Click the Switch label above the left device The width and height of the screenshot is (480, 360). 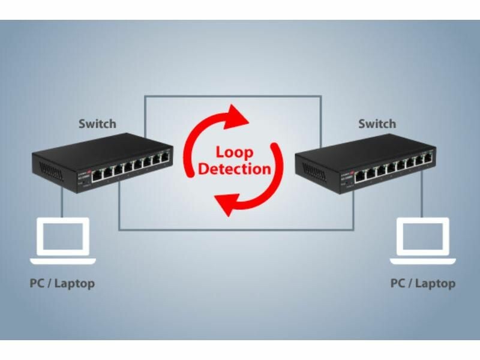[97, 124]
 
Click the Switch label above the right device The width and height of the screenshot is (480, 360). [377, 124]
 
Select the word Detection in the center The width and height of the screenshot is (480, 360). [234, 169]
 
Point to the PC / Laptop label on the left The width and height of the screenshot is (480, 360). [62, 283]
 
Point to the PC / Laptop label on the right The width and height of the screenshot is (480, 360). [423, 283]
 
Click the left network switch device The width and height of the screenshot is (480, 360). [102, 162]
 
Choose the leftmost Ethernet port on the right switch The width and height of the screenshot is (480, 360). [360, 176]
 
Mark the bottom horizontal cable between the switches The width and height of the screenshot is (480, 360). [234, 229]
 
